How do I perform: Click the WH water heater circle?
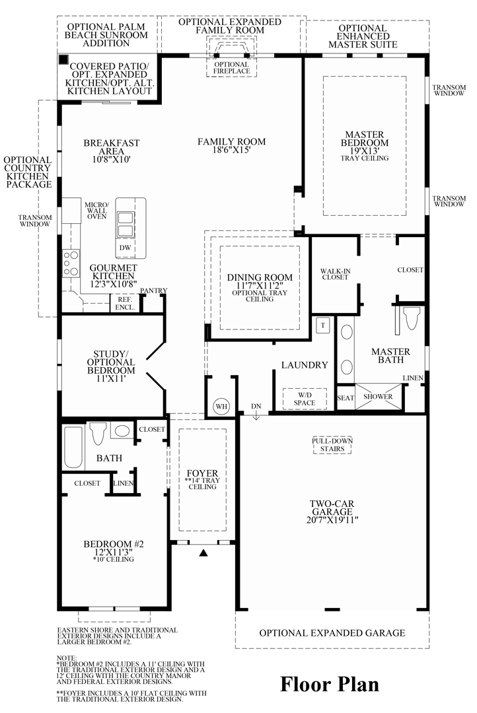point(220,406)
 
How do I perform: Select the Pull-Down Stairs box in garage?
point(332,445)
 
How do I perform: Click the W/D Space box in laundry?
point(305,398)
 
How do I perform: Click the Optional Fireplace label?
point(231,67)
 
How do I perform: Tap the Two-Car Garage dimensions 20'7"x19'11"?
point(333,520)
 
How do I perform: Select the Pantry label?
point(154,290)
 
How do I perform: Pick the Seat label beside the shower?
point(346,397)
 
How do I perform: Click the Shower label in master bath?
point(378,397)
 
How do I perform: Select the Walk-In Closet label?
point(334,274)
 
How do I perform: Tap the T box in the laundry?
point(324,325)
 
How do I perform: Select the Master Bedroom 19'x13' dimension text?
point(364,151)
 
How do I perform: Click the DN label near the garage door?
point(256,406)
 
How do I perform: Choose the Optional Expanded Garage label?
point(332,632)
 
